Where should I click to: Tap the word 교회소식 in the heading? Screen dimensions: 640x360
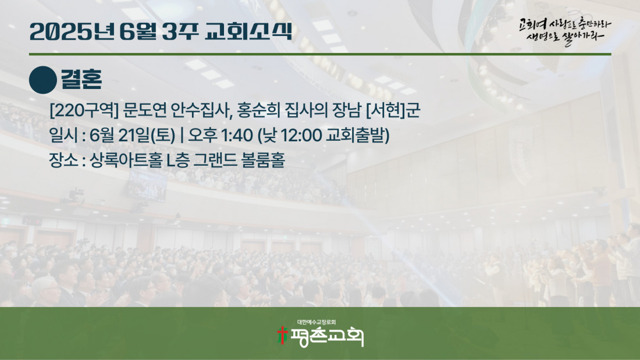click(x=248, y=31)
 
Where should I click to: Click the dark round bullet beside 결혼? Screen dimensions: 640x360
click(x=43, y=80)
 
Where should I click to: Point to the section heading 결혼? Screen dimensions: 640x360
click(x=81, y=79)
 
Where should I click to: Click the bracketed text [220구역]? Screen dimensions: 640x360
click(x=84, y=111)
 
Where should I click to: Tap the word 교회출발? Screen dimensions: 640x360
click(x=355, y=136)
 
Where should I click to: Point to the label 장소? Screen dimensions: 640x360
click(x=63, y=160)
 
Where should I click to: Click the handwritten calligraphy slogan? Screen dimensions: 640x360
click(x=565, y=31)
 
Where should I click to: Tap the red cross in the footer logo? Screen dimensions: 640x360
click(x=282, y=336)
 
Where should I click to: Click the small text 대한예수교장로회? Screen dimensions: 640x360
click(x=317, y=322)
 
